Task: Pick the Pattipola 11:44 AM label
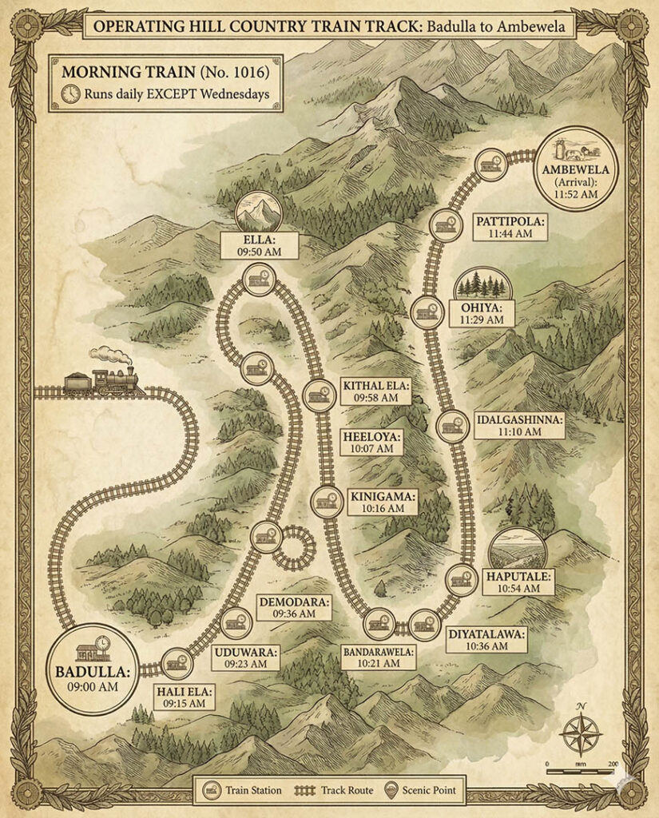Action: [511, 227]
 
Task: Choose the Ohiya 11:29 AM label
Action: [482, 313]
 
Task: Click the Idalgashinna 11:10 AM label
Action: [519, 426]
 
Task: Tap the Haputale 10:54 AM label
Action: [522, 581]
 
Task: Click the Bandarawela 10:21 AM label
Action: [380, 657]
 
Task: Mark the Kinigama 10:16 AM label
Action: [376, 502]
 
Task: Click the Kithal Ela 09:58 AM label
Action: [376, 391]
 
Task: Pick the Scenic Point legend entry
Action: [423, 791]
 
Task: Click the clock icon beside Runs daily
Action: [70, 93]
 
